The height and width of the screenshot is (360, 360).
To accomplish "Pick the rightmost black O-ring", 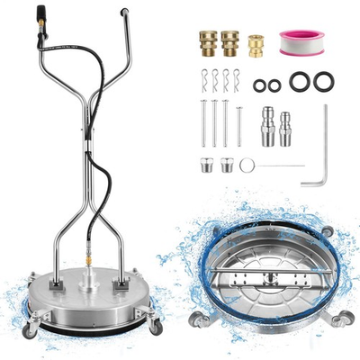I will click(x=324, y=82).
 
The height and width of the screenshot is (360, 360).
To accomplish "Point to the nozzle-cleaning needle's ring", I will click(x=247, y=165).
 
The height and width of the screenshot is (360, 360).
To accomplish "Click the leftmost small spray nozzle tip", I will click(x=205, y=165).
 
